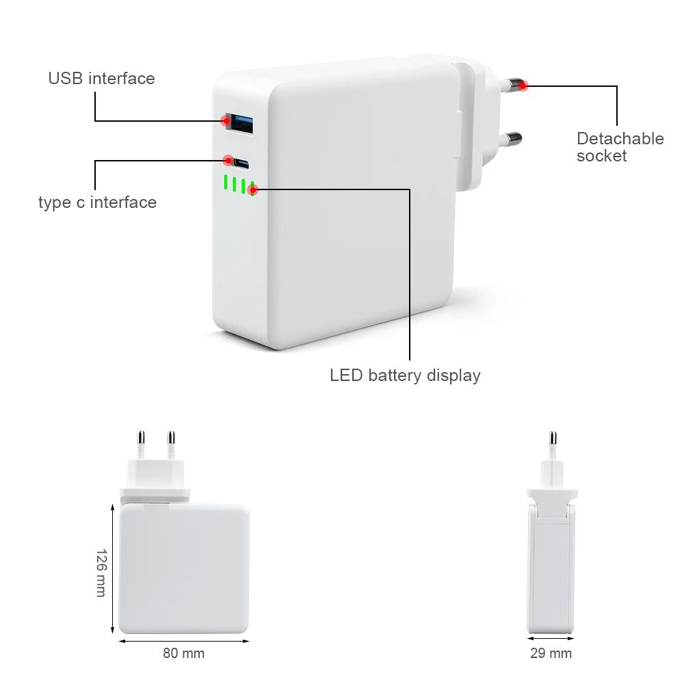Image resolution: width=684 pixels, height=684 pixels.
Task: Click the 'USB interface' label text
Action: coord(101,79)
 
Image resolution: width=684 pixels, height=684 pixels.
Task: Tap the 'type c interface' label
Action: coord(97,202)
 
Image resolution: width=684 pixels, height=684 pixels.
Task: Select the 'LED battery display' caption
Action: coord(405,376)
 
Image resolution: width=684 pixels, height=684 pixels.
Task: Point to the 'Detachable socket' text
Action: coord(620,147)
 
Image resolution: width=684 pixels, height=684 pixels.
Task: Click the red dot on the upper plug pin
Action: coord(524,85)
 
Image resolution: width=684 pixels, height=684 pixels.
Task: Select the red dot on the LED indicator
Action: coord(252,190)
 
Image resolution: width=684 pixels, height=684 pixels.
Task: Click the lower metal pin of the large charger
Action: coord(511,140)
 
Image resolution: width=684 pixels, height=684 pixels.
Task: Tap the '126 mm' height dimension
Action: coord(101,573)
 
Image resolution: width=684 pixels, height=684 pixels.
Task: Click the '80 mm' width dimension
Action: coord(183,653)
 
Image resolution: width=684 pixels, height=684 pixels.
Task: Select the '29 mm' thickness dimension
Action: coord(551,653)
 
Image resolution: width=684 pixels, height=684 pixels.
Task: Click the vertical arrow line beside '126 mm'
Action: coord(112,567)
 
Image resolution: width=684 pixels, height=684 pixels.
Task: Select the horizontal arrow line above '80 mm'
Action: coord(183,641)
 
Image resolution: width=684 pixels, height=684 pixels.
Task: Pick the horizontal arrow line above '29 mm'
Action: coord(551,641)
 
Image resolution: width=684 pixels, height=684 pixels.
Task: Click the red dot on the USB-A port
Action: coord(226,121)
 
